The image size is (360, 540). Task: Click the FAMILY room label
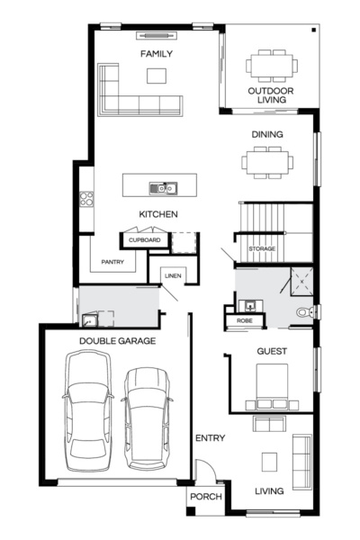[157, 54]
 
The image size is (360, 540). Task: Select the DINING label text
[267, 135]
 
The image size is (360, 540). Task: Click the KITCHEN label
[157, 214]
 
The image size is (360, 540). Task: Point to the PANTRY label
[112, 263]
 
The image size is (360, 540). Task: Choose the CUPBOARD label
[144, 240]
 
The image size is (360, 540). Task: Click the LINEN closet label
[174, 276]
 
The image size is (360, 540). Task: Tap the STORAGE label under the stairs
[262, 248]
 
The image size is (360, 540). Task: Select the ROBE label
[244, 320]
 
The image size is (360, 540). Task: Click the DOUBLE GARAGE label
[118, 341]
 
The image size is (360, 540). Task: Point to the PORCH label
[201, 498]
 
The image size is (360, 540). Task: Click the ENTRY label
[210, 438]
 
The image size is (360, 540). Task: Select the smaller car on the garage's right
[147, 416]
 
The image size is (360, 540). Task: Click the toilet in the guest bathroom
[308, 312]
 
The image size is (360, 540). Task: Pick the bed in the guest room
[272, 383]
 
